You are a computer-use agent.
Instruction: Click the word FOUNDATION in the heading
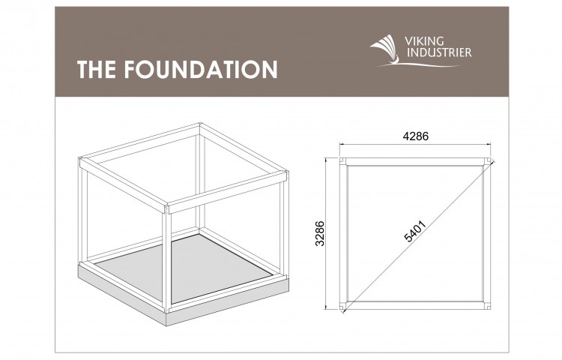[x=201, y=69]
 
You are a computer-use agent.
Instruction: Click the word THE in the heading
[x=97, y=69]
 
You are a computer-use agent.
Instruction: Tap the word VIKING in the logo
[x=424, y=41]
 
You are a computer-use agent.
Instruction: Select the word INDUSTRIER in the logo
[x=439, y=52]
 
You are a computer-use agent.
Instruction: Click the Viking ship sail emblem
[x=385, y=49]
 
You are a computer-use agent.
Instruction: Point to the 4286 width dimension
[x=415, y=136]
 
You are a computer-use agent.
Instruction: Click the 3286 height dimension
[x=320, y=233]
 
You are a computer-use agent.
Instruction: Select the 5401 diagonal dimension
[x=415, y=231]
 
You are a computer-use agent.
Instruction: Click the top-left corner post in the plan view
[x=342, y=161]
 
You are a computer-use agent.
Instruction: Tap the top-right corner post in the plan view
[x=488, y=161]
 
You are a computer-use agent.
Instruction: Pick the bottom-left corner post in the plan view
[x=342, y=306]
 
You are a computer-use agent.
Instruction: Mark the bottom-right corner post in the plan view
[x=488, y=306]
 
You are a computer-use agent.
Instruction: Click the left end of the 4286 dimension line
[x=340, y=144]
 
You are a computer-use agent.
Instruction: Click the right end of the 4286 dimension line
[x=490, y=144]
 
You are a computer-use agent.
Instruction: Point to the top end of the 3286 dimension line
[x=326, y=158]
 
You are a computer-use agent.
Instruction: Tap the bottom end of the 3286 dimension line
[x=326, y=309]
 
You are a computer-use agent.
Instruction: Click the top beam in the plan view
[x=415, y=162]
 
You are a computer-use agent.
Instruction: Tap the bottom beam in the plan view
[x=415, y=305]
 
